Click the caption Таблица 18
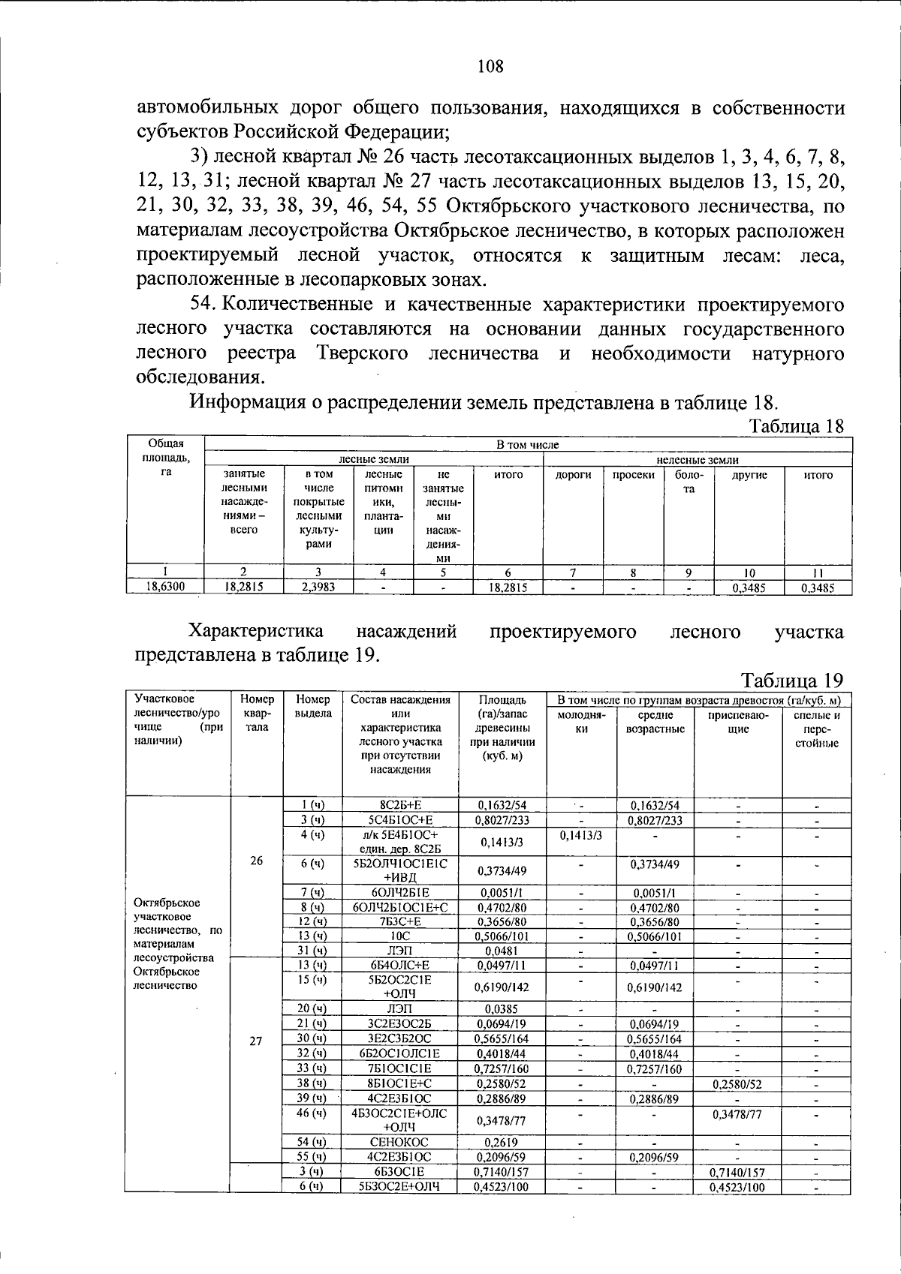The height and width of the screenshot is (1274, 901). [x=797, y=426]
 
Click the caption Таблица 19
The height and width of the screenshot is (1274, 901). [x=792, y=680]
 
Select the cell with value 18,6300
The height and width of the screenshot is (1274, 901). [x=164, y=588]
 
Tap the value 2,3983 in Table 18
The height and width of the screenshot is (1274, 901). [x=318, y=588]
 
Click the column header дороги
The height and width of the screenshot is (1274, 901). [x=573, y=475]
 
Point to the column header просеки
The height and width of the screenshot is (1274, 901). [x=633, y=475]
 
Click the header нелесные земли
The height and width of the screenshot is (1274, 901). [x=698, y=460]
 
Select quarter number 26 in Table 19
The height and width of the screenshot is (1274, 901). [x=256, y=861]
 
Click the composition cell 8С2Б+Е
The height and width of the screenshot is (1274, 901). [x=399, y=806]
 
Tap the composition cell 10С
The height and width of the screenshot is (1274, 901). [x=399, y=936]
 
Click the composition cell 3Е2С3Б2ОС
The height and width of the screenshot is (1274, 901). [x=399, y=1039]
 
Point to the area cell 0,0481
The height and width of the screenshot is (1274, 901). [x=502, y=951]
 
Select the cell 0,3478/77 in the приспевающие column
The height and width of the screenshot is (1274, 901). [x=738, y=1115]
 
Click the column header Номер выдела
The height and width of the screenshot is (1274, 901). [x=312, y=706]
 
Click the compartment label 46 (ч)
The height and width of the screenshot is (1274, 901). [x=312, y=1113]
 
